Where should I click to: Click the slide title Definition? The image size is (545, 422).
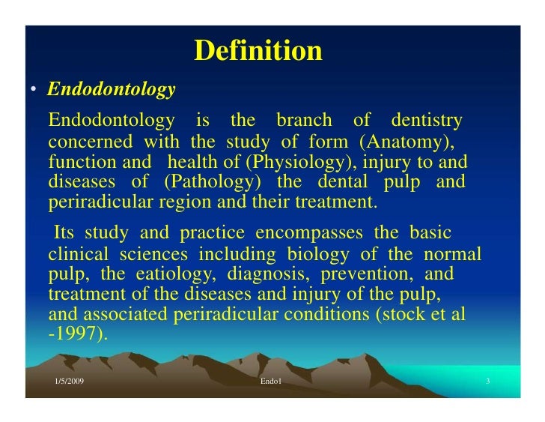pos(258,51)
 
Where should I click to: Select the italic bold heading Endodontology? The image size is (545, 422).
pos(111,90)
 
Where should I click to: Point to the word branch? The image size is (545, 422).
pos(303,120)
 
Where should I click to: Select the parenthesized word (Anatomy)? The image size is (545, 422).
pos(405,142)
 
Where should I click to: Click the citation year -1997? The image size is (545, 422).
pos(78,334)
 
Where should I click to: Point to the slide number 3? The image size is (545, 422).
pos(487,382)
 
